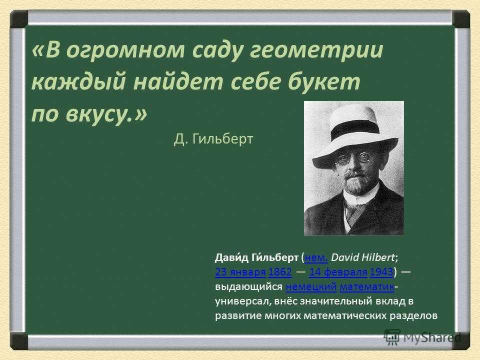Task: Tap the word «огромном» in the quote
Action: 125,51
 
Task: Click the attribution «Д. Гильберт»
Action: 213,139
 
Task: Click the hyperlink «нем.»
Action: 316,258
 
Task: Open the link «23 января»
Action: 240,272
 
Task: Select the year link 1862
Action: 280,272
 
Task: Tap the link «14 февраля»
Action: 338,272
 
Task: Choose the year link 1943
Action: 381,272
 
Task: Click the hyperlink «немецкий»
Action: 311,286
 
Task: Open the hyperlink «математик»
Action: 366,286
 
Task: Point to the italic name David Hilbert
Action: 363,257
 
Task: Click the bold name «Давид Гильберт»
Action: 256,258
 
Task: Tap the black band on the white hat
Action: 355,129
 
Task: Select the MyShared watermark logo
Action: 422,337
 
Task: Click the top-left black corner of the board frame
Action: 19,19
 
